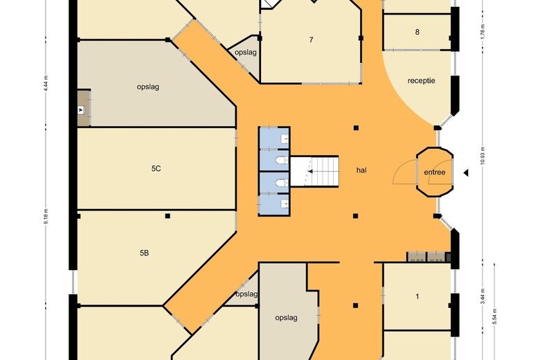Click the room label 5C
(156, 168)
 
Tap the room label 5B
(144, 253)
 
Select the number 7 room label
(311, 40)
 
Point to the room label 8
(417, 32)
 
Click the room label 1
(417, 296)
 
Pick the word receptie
(421, 80)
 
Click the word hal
(361, 170)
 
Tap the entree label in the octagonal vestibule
(435, 172)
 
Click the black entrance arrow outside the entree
(466, 172)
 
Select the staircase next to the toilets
(314, 171)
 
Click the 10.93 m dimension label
(483, 156)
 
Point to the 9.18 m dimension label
(46, 216)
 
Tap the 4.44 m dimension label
(46, 83)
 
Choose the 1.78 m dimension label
(483, 31)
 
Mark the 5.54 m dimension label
(494, 316)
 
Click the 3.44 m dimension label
(483, 296)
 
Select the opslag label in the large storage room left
(147, 87)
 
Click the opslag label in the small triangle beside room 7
(246, 53)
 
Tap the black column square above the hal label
(356, 128)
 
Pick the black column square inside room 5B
(168, 216)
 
